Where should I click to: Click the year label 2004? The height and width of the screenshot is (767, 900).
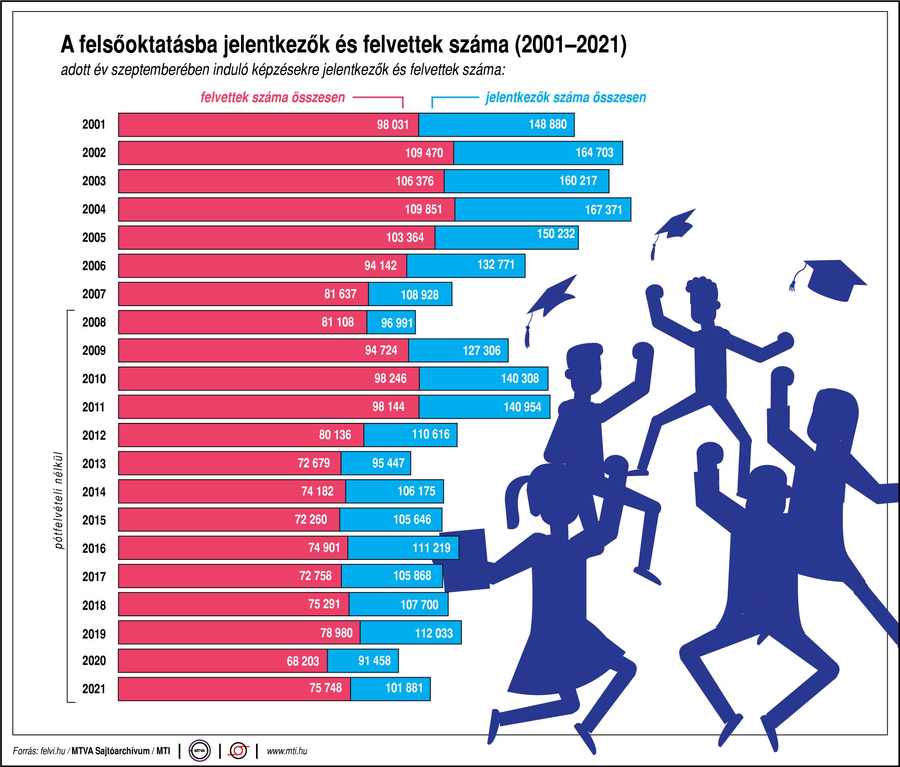point(94,209)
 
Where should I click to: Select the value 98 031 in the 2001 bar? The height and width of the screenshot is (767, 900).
point(393,125)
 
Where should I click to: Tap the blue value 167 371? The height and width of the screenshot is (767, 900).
point(604,210)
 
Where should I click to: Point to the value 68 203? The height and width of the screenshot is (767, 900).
point(303,661)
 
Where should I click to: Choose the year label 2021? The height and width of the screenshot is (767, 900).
point(94,689)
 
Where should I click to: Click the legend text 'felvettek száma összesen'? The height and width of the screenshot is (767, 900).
point(273,97)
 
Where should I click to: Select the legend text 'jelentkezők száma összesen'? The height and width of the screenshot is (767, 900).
point(566,97)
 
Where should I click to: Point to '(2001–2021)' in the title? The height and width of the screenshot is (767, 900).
point(571,44)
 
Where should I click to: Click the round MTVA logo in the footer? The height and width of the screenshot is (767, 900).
point(200,751)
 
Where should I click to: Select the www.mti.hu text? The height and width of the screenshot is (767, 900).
point(287,751)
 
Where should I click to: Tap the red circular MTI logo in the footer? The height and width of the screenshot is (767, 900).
point(238,751)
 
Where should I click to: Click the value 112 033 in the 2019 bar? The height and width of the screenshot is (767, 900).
point(434,633)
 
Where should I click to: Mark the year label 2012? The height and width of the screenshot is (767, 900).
point(94,435)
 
